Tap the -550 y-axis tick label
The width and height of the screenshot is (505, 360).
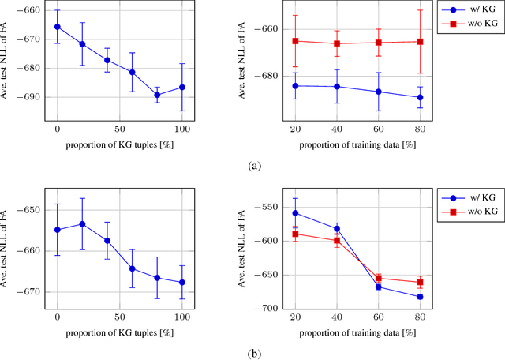click(x=262, y=207)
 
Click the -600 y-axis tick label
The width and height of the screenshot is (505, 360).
click(x=262, y=241)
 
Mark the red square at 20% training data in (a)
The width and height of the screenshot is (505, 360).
click(x=295, y=41)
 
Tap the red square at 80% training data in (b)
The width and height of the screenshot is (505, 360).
click(x=419, y=282)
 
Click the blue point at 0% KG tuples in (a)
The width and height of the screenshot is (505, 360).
click(x=57, y=27)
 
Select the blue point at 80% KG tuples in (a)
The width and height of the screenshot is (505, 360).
click(x=157, y=95)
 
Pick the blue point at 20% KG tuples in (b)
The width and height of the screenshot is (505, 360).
click(x=82, y=223)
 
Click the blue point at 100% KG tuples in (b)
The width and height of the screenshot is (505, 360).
click(x=182, y=282)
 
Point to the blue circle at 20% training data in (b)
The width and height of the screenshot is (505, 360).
click(x=295, y=213)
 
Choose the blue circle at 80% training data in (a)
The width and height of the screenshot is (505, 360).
click(x=419, y=97)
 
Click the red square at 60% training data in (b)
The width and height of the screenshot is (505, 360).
click(x=378, y=278)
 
